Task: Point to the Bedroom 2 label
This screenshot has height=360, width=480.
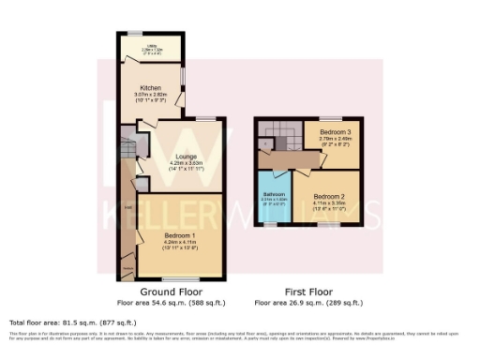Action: click(329, 197)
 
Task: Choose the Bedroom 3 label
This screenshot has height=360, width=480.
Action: click(335, 132)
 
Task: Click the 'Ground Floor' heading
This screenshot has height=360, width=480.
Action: click(153, 292)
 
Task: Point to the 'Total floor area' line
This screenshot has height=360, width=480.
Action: click(67, 322)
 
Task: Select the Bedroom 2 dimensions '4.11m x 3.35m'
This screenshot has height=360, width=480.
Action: click(329, 202)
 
